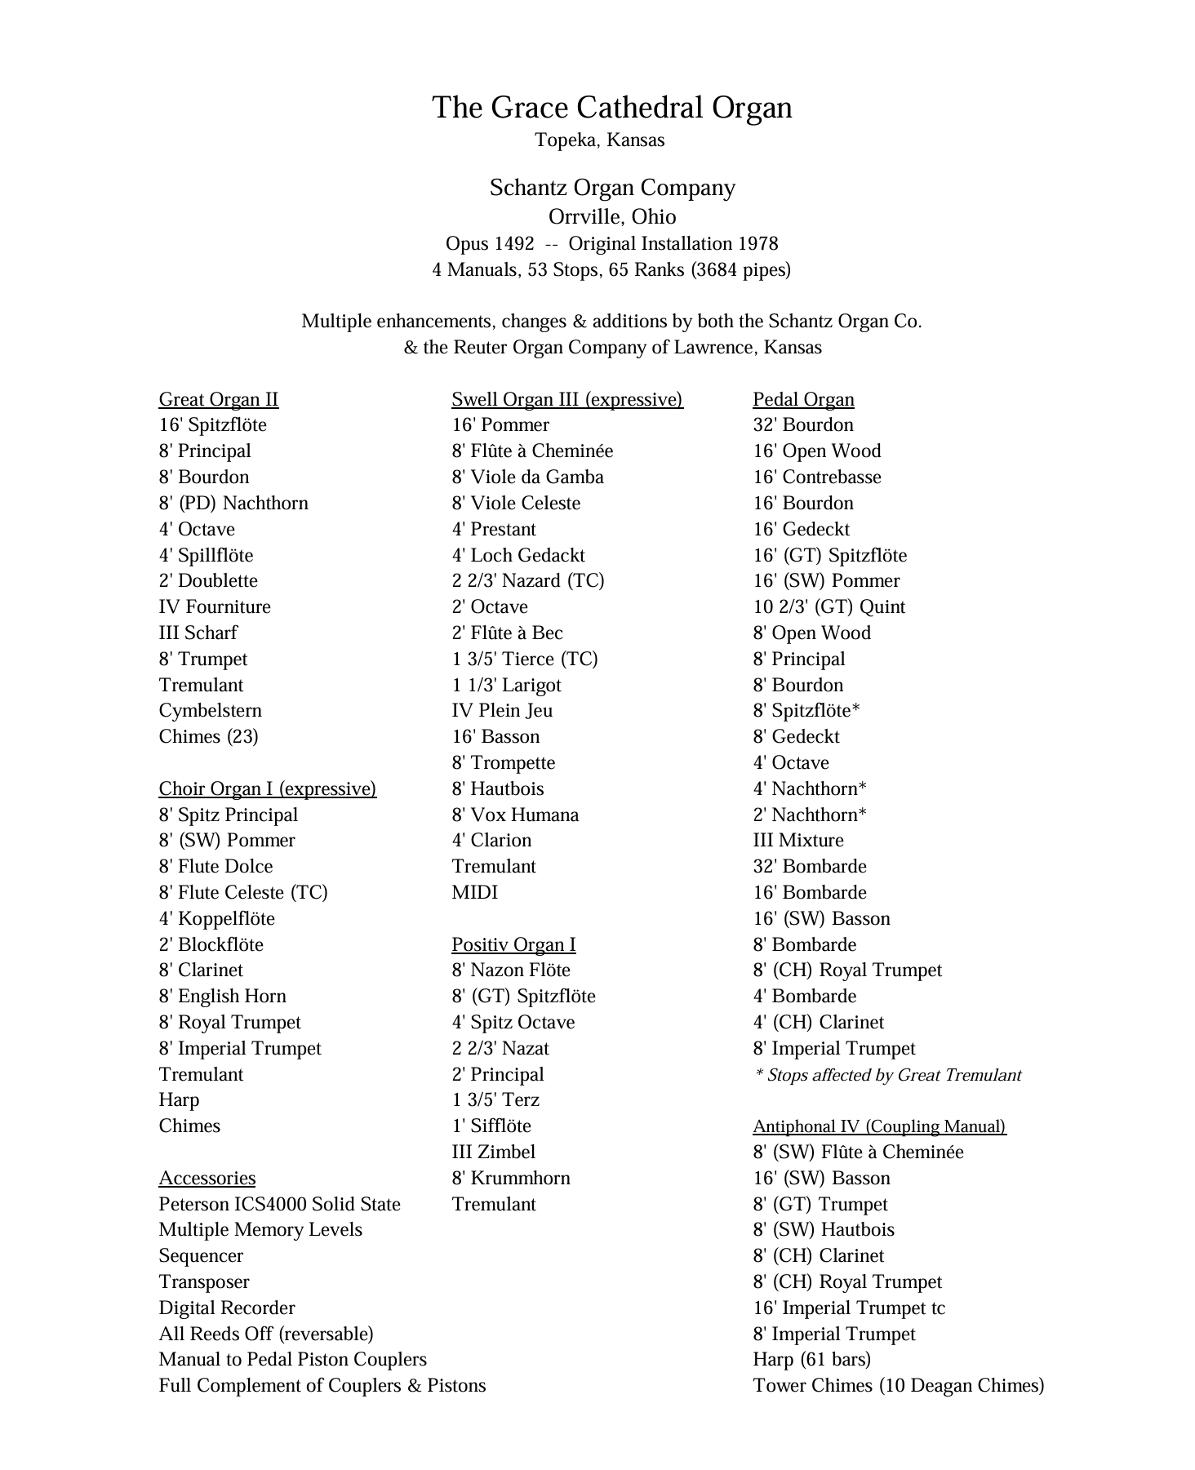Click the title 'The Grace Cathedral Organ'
611,108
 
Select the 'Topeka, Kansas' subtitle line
599,140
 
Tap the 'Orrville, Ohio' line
611,217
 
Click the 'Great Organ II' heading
218,399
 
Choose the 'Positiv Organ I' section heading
513,944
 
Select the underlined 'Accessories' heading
207,1178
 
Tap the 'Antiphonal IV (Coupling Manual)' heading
879,1126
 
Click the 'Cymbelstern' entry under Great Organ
210,711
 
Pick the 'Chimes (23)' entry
208,737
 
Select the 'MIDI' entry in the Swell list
474,893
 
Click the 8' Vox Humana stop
515,815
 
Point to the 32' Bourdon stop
802,425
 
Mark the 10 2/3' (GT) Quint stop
829,607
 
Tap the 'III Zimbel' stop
493,1152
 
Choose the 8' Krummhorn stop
511,1179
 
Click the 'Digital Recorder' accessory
226,1308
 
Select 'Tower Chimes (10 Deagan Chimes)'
898,1386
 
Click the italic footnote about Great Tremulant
887,1075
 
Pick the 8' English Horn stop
222,997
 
